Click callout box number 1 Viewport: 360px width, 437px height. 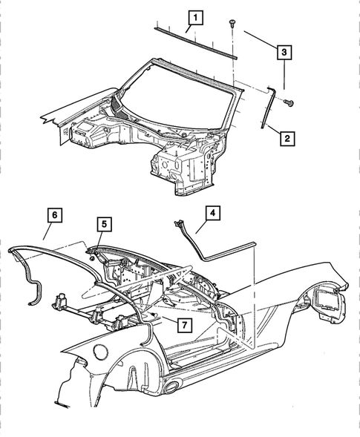pos(194,16)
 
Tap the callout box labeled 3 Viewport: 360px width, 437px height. pos(285,53)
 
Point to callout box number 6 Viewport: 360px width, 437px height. pos(53,215)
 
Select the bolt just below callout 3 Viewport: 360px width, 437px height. pos(289,101)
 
